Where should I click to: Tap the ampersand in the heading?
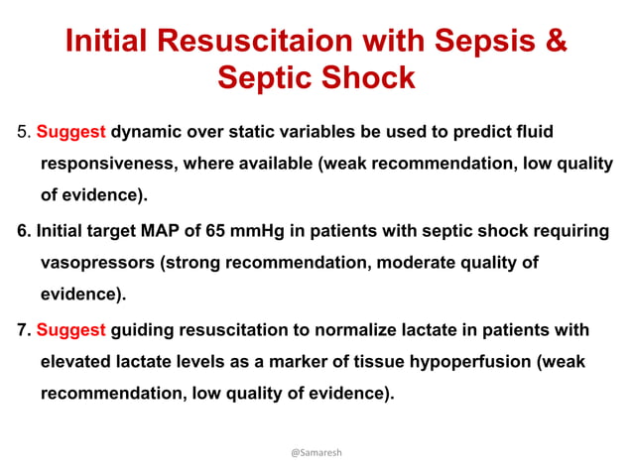pyautogui.click(x=558, y=42)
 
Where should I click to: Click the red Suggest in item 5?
pyautogui.click(x=71, y=131)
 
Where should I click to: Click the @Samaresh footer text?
pyautogui.click(x=316, y=452)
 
